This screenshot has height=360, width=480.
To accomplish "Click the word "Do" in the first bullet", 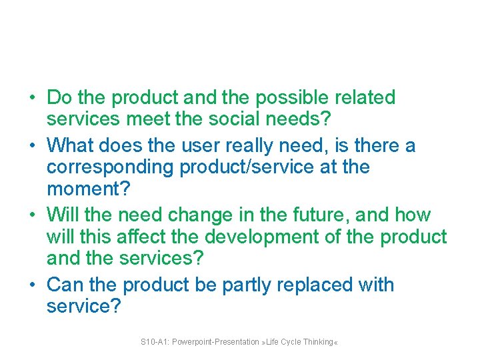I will [x=59, y=98].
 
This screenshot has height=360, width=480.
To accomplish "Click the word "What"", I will [x=69, y=145].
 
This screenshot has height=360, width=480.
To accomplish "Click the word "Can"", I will [x=65, y=285].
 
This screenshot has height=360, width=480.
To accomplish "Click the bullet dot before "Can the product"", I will [x=32, y=285].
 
